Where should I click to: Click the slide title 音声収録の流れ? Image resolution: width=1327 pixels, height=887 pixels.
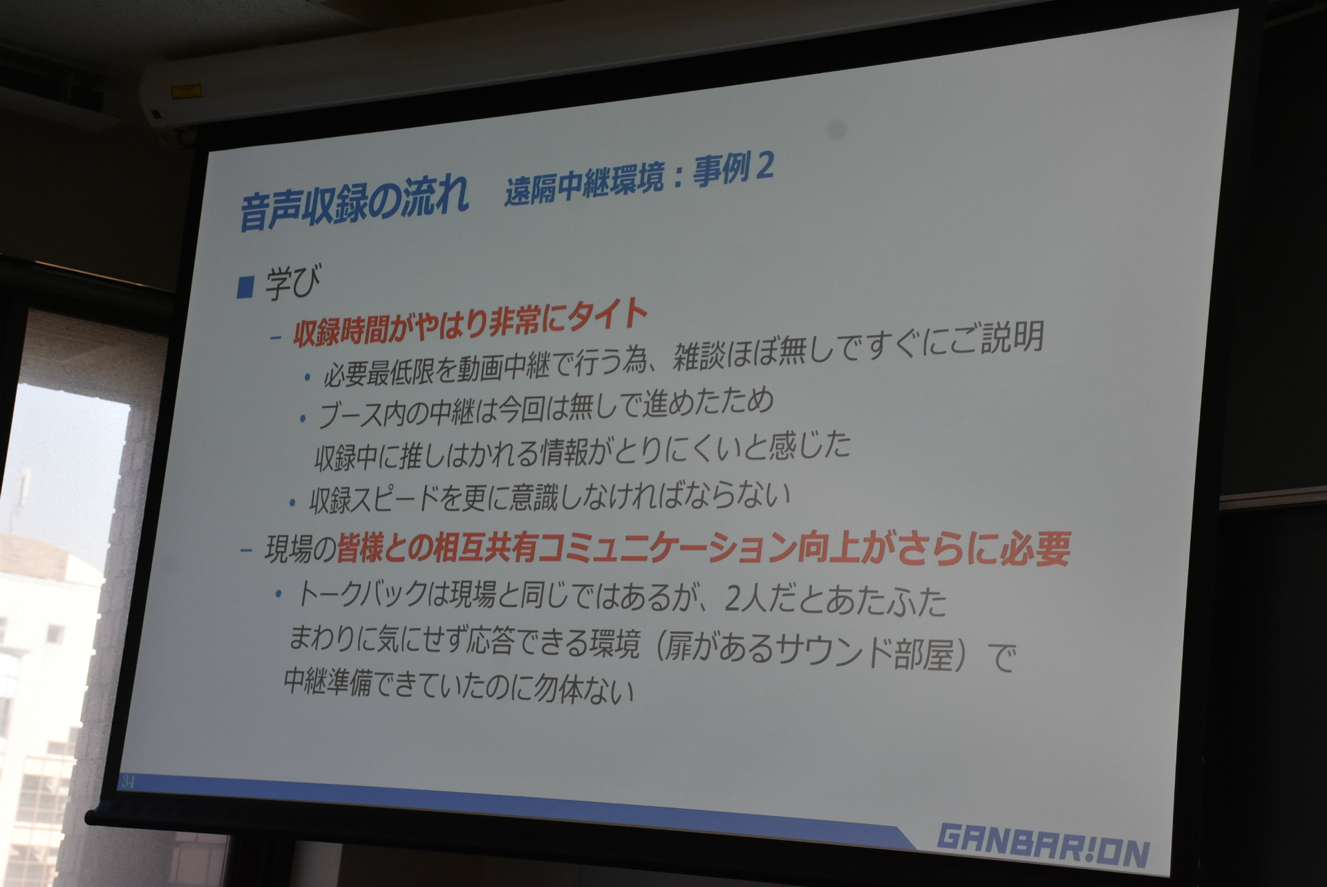[x=354, y=202]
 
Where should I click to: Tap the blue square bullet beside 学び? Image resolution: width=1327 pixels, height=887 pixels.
[x=245, y=286]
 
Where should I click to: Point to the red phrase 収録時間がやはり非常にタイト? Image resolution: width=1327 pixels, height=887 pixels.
[x=470, y=325]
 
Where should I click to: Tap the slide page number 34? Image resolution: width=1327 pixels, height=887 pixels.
[x=127, y=782]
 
